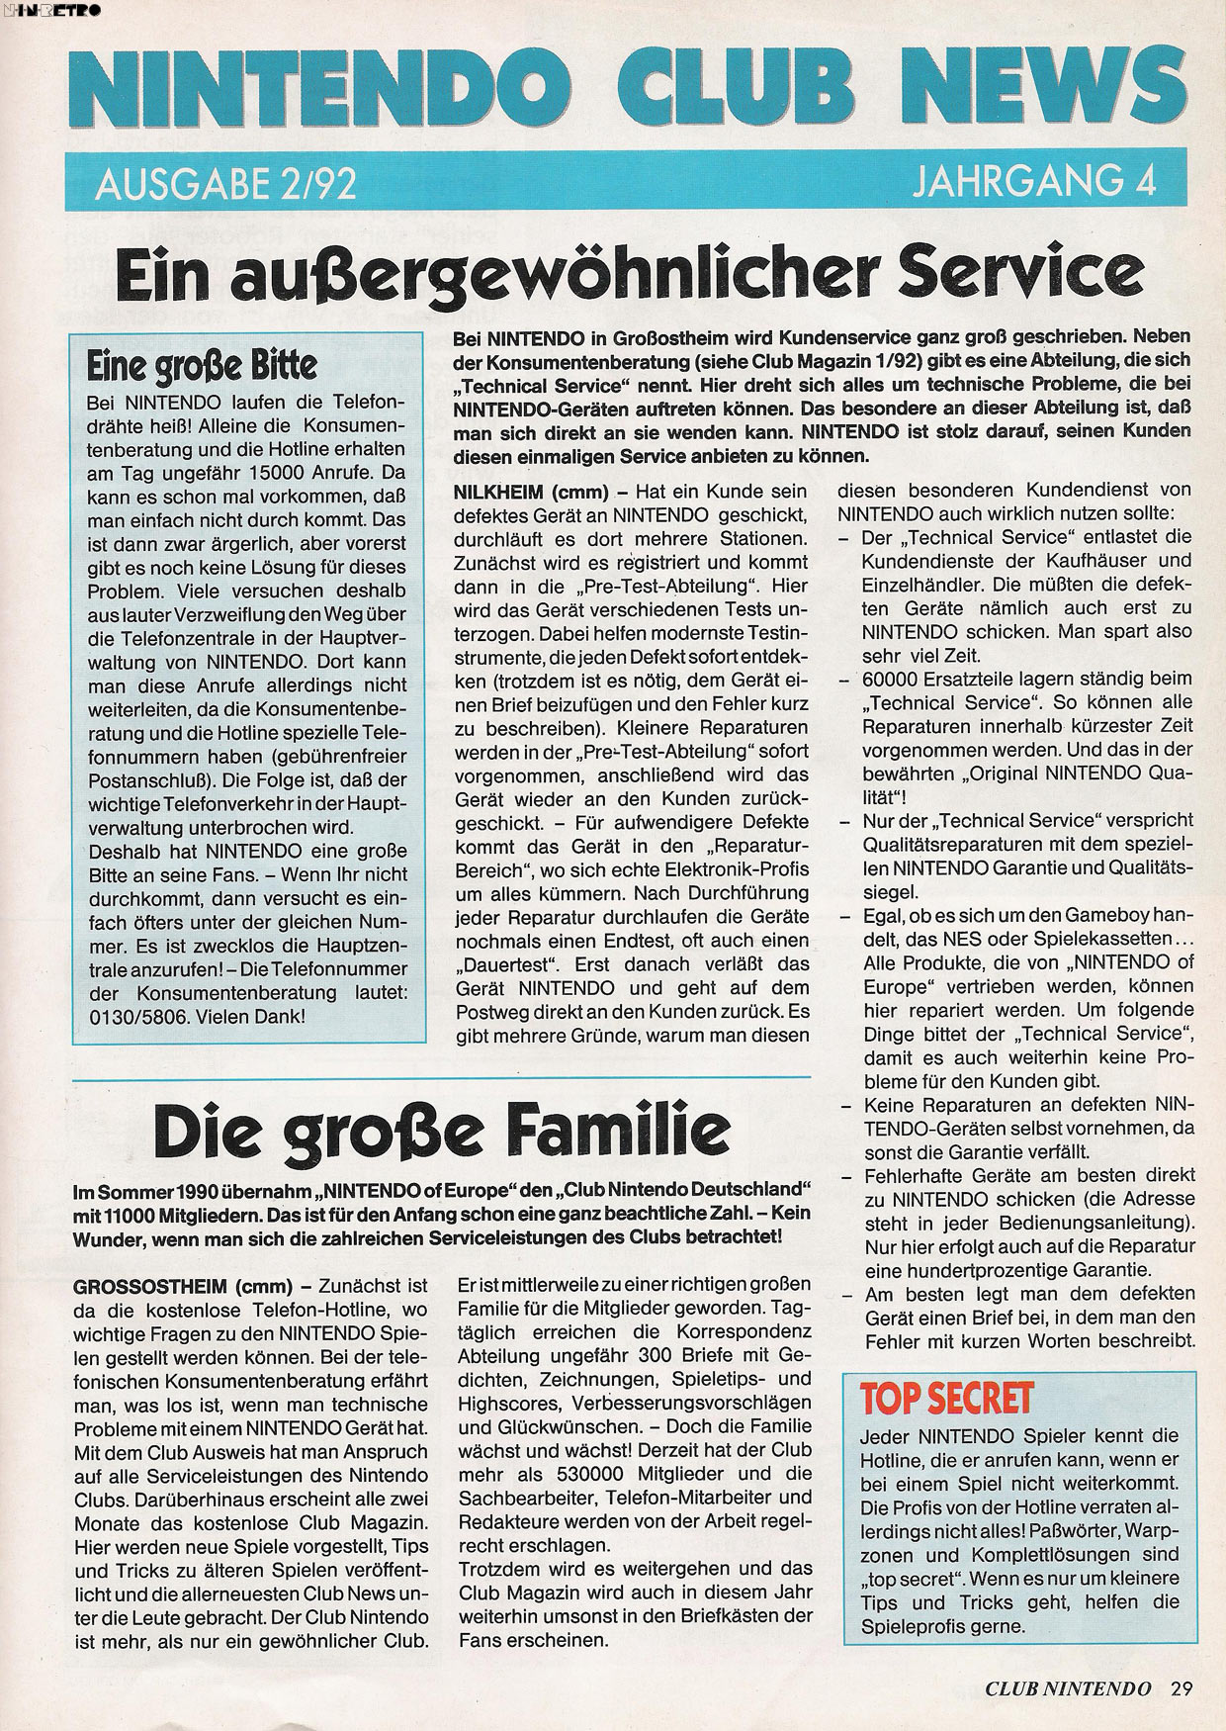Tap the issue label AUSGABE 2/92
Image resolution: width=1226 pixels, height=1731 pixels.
225,184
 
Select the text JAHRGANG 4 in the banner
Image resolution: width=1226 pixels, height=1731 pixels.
1033,183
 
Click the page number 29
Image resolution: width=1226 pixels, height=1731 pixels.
1181,1688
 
